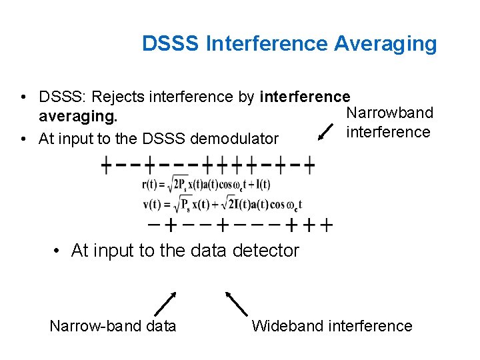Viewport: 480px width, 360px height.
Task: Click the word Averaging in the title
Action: coord(385,44)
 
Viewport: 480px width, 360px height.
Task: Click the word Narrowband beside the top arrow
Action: coord(390,113)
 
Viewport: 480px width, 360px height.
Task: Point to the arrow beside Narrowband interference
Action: coord(327,131)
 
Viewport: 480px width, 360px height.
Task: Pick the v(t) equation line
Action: coord(221,204)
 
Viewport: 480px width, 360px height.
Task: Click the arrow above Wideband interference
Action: coord(236,303)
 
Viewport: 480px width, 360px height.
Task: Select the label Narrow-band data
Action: coord(113,326)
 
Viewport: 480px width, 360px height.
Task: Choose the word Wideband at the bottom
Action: coord(285,326)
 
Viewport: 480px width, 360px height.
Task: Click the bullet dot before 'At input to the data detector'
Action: coord(58,251)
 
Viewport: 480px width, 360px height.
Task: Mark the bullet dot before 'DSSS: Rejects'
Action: coord(23,98)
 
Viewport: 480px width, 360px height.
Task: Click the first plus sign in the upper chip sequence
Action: coord(106,165)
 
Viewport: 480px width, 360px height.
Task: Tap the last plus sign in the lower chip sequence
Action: coord(326,225)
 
